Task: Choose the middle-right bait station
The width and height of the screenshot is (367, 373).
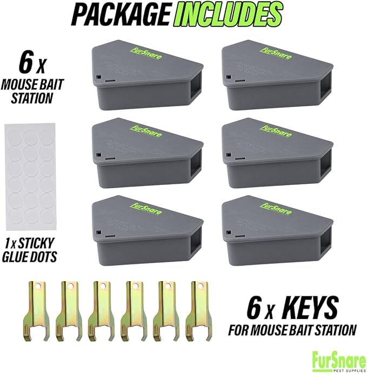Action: click(275, 154)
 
